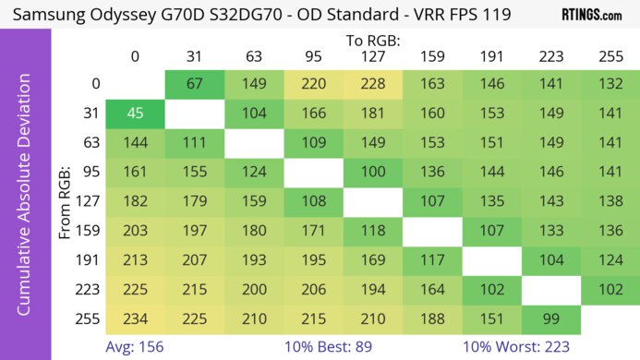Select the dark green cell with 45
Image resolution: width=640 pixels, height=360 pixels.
pos(135,115)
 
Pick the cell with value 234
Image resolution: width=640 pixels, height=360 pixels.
pos(135,318)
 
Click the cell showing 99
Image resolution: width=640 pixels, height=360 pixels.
pos(551,318)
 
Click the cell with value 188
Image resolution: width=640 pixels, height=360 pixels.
pos(432,318)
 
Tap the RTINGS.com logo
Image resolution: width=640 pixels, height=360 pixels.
pos(591,16)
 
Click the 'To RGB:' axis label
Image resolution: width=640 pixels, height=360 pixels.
pos(373,41)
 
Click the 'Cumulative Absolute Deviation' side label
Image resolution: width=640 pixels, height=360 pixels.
pos(25,202)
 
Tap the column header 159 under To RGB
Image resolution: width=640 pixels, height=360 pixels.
pos(432,56)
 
